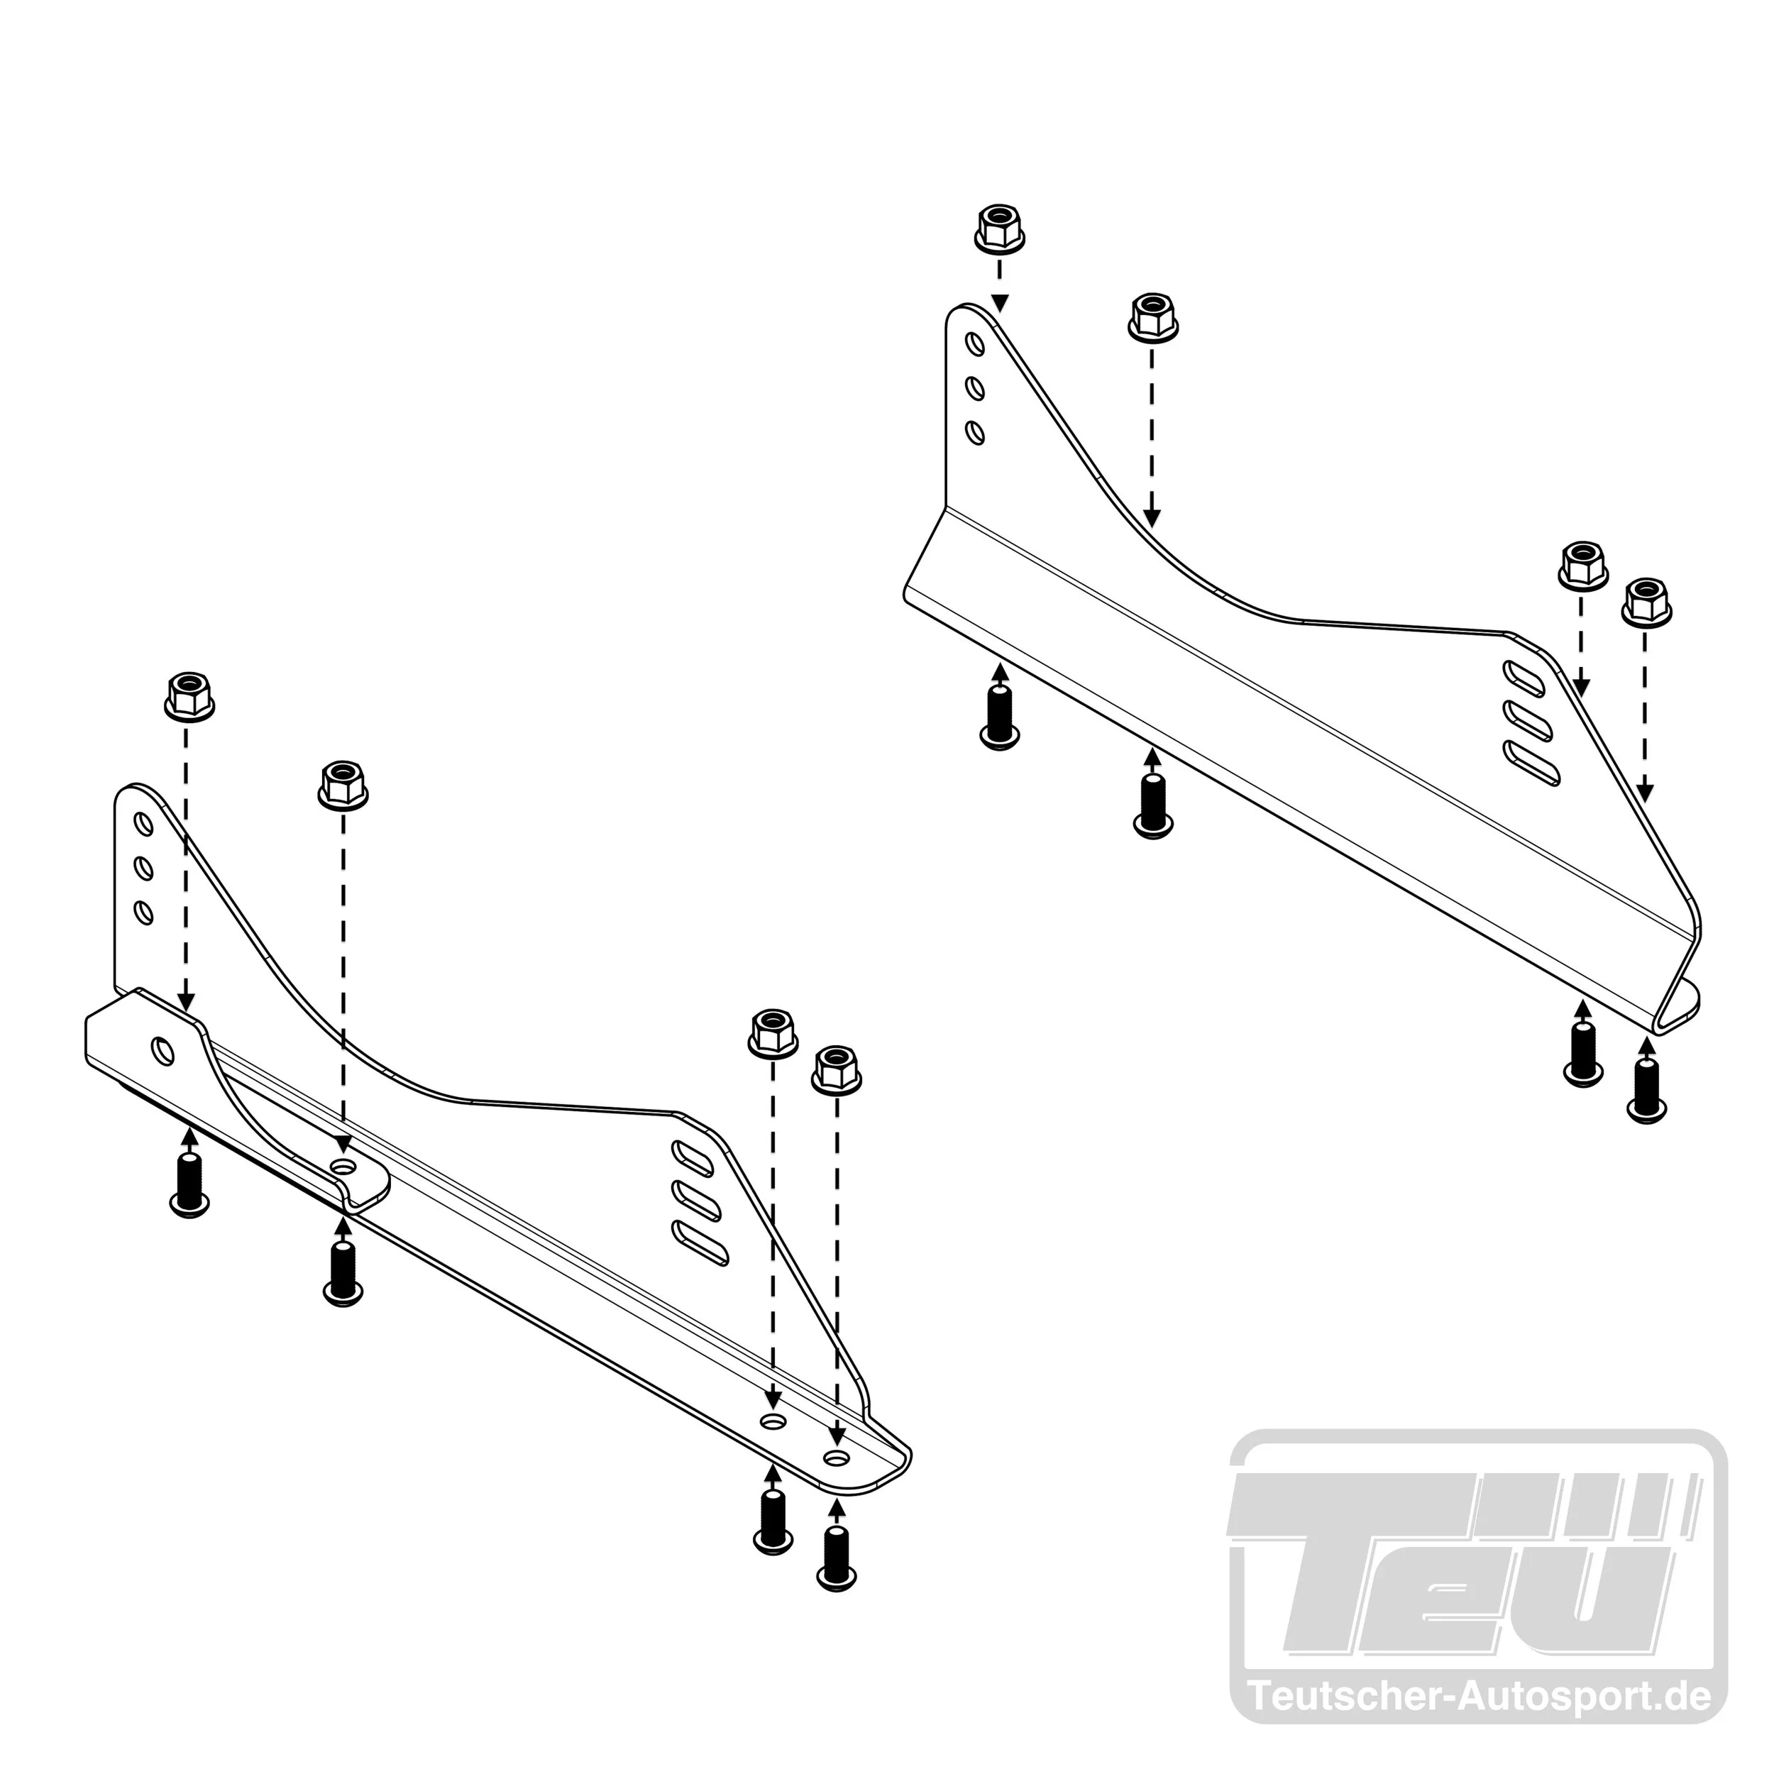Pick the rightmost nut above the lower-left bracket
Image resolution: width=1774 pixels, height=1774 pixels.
[837, 1070]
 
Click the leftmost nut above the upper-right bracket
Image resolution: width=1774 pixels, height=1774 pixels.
[999, 228]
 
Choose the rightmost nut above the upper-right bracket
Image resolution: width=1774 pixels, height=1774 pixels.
[1646, 602]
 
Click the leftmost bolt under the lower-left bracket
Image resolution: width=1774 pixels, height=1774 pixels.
[189, 1186]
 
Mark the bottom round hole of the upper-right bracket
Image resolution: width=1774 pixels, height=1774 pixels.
[976, 432]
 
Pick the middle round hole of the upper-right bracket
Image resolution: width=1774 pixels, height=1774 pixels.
[976, 388]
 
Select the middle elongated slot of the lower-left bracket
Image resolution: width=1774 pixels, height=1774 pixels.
[697, 1202]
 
